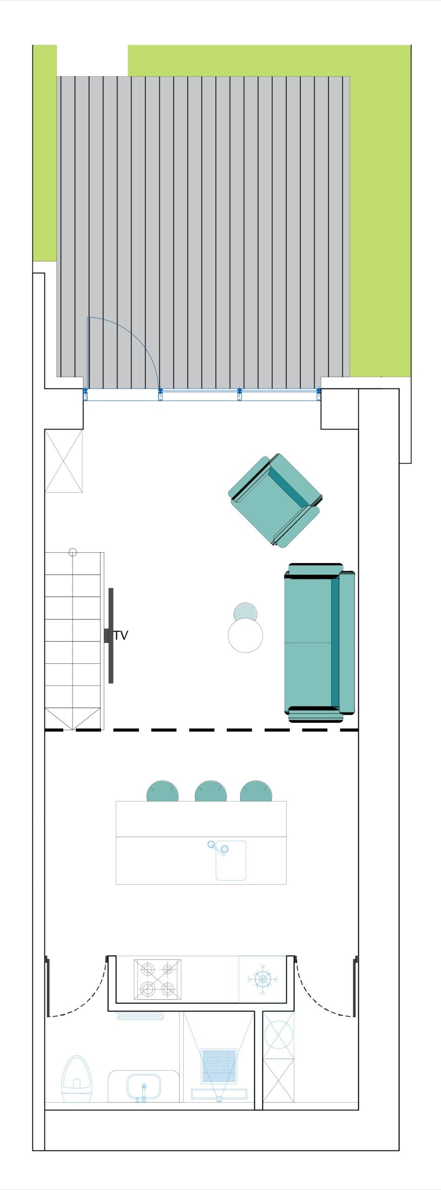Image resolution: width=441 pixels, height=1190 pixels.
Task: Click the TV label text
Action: pyautogui.click(x=120, y=635)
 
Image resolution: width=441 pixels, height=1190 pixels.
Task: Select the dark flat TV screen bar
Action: pyautogui.click(x=111, y=635)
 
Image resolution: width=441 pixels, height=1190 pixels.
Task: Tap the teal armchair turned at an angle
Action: pyautogui.click(x=275, y=500)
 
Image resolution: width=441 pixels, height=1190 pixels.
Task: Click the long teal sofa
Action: pyautogui.click(x=320, y=642)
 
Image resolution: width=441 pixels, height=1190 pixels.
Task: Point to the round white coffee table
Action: pyautogui.click(x=245, y=635)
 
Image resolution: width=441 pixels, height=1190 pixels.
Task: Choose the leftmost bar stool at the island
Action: pyautogui.click(x=163, y=792)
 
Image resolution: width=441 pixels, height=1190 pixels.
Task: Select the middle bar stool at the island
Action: pyautogui.click(x=211, y=792)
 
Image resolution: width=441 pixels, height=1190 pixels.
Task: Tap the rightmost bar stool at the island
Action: pyautogui.click(x=256, y=792)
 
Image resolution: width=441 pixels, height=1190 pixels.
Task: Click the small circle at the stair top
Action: pyautogui.click(x=72, y=552)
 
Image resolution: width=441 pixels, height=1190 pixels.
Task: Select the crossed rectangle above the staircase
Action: pyautogui.click(x=64, y=461)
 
